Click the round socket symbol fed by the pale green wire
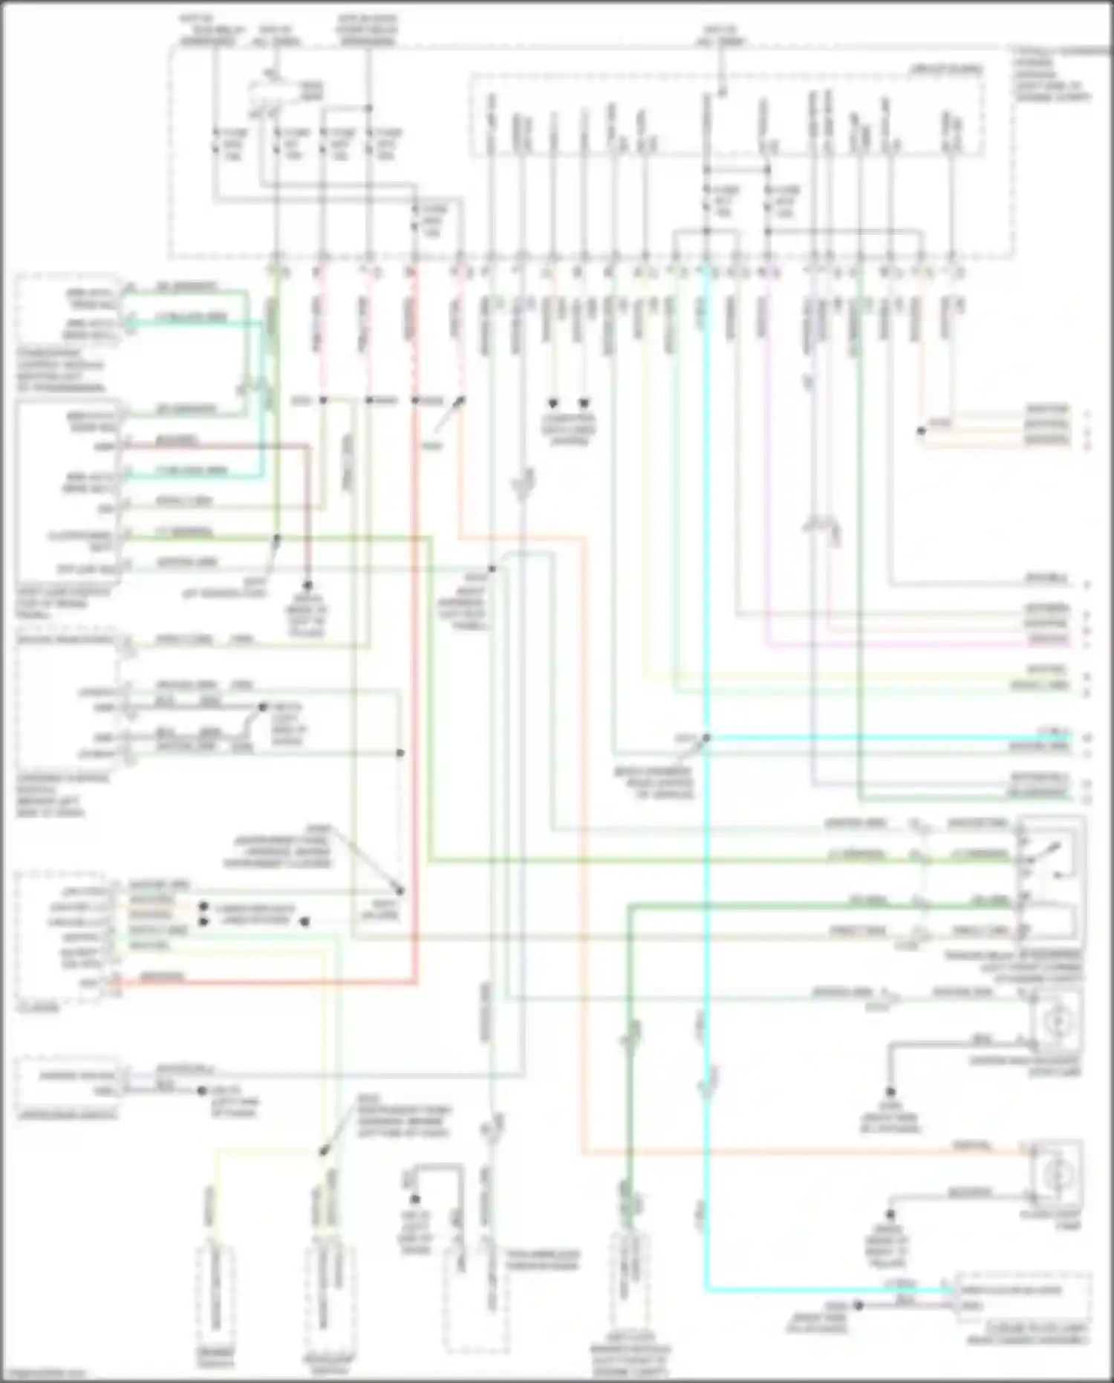tap(1055, 1022)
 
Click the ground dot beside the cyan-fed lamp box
tap(857, 1305)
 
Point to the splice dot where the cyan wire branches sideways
tap(706, 738)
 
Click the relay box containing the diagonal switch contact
tap(1049, 877)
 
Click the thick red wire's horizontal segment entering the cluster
tap(260, 982)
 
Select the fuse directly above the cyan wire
tap(706, 201)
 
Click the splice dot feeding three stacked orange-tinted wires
tap(922, 431)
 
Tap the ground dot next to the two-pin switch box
tap(202, 1091)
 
